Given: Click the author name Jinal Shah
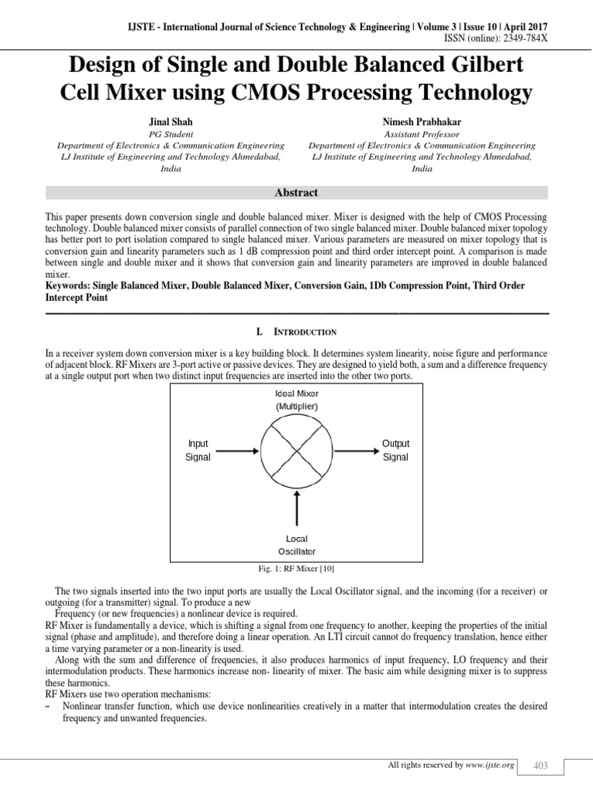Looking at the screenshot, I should click(x=171, y=122).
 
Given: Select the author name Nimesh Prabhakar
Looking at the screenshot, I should click(x=422, y=122).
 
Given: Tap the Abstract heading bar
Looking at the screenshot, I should click(x=296, y=193).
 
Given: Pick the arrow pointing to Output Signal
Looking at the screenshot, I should click(x=357, y=451).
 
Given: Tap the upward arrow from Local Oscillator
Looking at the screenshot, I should click(x=296, y=508).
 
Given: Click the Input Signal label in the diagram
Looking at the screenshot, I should click(x=198, y=451).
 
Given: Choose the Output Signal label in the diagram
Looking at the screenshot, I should click(x=395, y=451).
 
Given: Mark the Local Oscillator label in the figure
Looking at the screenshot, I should click(x=296, y=545).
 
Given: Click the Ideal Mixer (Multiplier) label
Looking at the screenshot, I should click(x=296, y=400).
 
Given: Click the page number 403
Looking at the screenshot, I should click(x=540, y=765).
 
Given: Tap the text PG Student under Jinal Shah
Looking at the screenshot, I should click(x=171, y=133).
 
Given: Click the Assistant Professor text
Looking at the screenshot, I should click(x=422, y=133).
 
